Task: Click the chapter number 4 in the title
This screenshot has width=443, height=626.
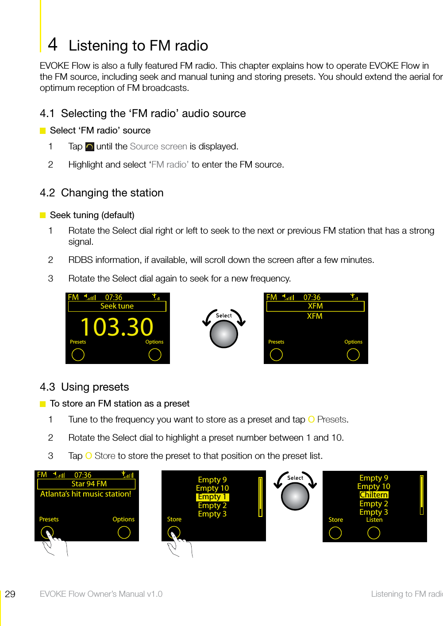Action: coord(52,44)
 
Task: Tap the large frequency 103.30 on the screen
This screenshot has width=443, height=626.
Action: coord(117,327)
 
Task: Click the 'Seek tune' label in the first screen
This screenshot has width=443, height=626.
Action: coord(117,306)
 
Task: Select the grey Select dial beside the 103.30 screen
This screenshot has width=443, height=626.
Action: coord(224,333)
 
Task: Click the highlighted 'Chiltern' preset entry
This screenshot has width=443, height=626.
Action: coord(374,495)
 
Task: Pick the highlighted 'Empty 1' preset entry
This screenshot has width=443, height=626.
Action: coord(212,497)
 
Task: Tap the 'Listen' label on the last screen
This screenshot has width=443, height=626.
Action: coord(374,520)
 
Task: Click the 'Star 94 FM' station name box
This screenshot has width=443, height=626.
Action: coord(89,484)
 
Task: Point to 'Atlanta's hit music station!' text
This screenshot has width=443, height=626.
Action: coord(86,494)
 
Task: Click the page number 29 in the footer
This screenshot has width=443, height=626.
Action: coord(10,594)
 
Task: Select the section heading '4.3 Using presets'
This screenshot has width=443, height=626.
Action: coord(85,387)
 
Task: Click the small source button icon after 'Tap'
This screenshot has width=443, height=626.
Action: coord(89,147)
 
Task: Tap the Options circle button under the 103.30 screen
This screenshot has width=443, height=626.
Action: coord(155,355)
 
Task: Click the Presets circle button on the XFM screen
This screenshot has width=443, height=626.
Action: coord(276,355)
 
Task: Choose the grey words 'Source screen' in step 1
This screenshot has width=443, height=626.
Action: coord(158,146)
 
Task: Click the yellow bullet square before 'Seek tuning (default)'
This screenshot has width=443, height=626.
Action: coord(43,215)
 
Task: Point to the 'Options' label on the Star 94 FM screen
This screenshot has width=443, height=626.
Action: coord(123,519)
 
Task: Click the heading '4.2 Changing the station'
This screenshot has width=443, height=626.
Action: coord(102,193)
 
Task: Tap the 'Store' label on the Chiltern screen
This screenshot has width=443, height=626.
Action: coord(335,520)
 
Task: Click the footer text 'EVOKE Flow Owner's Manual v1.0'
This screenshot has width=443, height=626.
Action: coord(101,594)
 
